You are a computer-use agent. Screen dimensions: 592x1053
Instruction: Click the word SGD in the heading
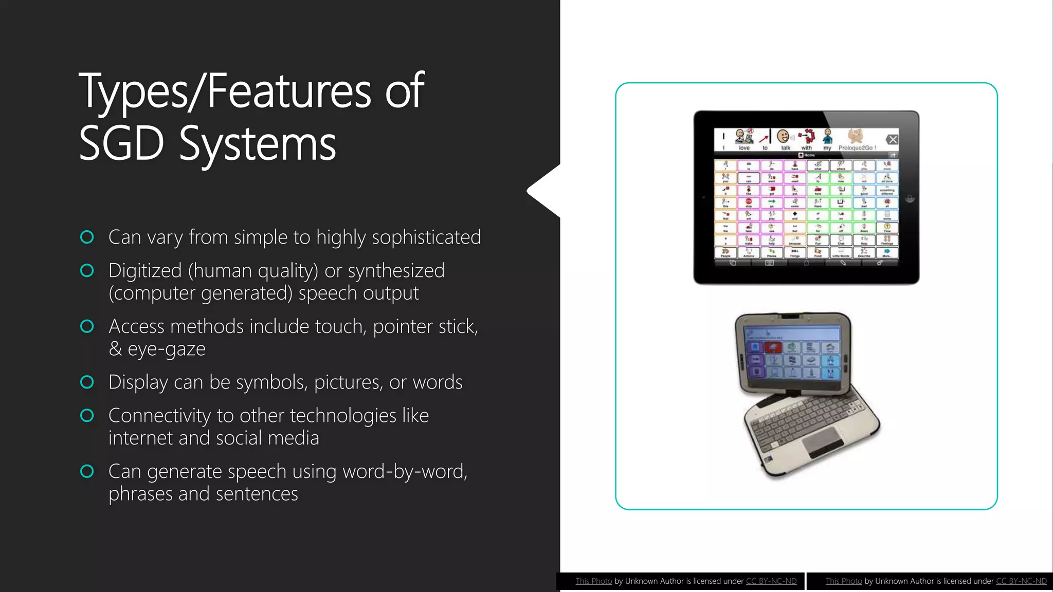point(121,144)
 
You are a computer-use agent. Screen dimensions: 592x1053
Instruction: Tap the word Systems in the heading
point(257,145)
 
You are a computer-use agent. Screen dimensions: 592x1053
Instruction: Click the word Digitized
point(145,271)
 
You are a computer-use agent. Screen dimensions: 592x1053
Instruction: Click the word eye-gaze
point(166,349)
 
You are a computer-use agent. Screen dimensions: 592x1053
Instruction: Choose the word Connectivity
point(159,416)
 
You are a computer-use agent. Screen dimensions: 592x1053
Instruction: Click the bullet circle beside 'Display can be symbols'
point(87,382)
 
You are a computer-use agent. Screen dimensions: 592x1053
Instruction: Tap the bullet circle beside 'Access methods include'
point(87,326)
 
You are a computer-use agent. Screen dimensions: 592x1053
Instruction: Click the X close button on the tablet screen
point(893,139)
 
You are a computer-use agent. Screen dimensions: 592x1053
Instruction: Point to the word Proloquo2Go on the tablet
point(856,148)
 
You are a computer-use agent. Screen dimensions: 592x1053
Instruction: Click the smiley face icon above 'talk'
point(783,136)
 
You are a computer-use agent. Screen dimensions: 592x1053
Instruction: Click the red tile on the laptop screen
point(773,347)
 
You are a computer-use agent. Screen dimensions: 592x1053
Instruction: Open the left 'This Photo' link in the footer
point(593,581)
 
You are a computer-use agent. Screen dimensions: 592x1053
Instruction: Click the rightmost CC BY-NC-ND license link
point(1021,581)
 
